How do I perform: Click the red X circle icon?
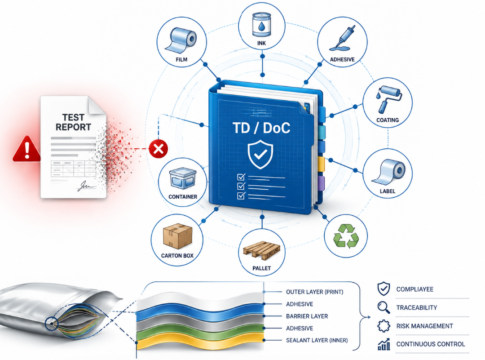click(x=159, y=149)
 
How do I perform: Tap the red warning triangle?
click(x=27, y=149)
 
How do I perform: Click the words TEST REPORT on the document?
click(x=73, y=122)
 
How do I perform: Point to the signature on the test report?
click(x=85, y=186)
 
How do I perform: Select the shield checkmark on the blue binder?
click(x=260, y=154)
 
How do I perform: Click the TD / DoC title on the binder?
click(x=261, y=128)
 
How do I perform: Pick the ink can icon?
click(x=261, y=25)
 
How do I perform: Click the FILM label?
click(x=181, y=59)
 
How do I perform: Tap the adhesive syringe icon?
click(x=343, y=38)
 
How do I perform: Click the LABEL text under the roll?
click(x=388, y=191)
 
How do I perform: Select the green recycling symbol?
click(x=346, y=236)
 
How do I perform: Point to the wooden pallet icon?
click(x=262, y=250)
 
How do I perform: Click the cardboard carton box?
click(x=177, y=236)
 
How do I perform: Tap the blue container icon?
click(x=183, y=178)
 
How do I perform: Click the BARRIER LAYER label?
click(x=307, y=316)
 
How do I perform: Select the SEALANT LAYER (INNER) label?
click(x=317, y=341)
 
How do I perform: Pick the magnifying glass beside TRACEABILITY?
click(x=384, y=307)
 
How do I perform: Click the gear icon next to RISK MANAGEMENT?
click(x=384, y=326)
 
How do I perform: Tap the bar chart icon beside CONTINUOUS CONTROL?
click(x=384, y=344)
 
